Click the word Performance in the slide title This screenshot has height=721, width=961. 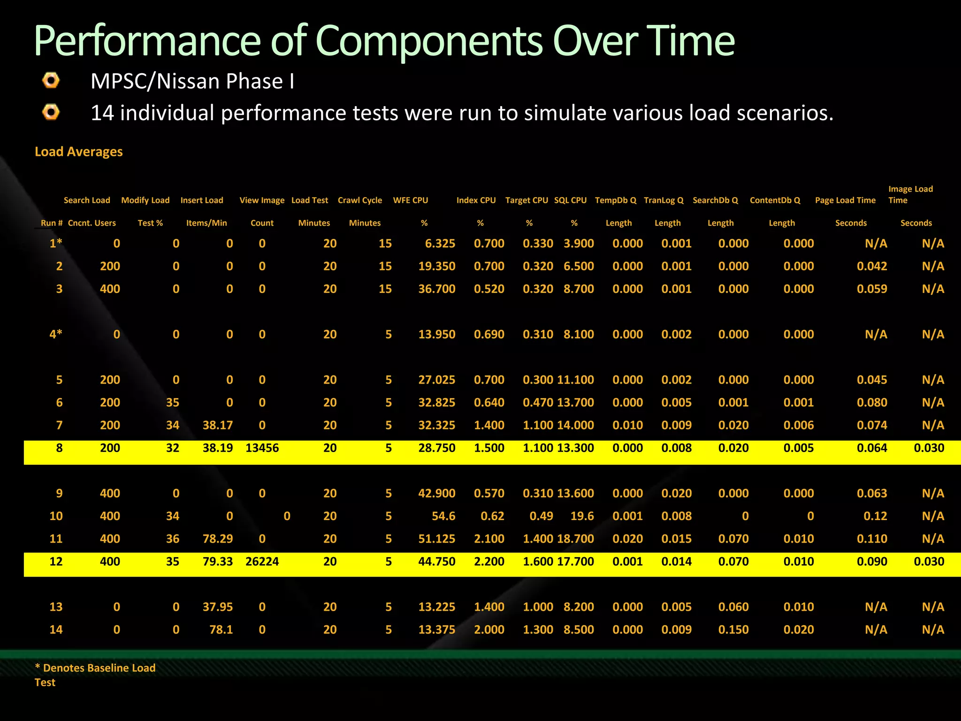[147, 41]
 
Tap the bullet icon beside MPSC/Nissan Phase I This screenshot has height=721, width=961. [51, 80]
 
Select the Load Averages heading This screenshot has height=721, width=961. [79, 152]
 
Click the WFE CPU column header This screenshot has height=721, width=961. [411, 200]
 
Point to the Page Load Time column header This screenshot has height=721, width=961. [845, 200]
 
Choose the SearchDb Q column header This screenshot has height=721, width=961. [715, 200]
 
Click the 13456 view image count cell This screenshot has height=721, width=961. [262, 448]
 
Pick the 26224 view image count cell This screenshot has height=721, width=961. [262, 561]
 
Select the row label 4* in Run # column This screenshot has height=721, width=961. [56, 334]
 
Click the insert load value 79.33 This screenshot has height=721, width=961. [218, 561]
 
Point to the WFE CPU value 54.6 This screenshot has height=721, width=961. [443, 516]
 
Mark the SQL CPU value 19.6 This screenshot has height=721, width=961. [582, 516]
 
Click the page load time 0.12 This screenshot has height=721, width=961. [875, 516]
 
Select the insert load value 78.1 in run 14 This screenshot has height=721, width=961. [221, 629]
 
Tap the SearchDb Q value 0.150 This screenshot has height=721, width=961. [733, 629]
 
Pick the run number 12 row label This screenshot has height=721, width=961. [56, 561]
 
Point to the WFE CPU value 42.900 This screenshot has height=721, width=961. [436, 493]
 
